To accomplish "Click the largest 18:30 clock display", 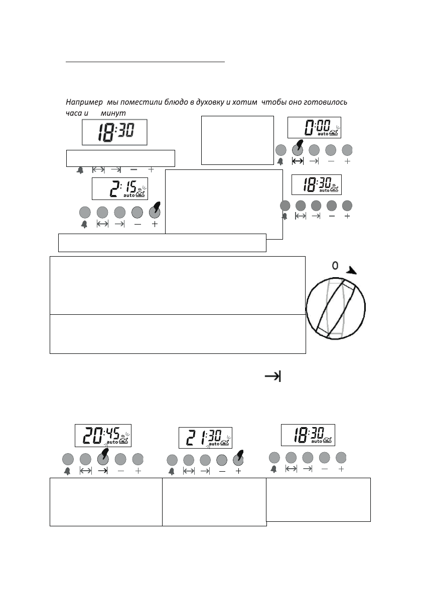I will pos(115,132).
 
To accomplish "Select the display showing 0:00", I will pos(314,127).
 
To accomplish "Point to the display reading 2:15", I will pos(120,188).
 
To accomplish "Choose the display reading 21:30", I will pos(205,438).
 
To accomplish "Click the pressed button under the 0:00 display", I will pos(298,149).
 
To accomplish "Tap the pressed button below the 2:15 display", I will pos(155,211).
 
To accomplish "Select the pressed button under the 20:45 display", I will pos(103,458).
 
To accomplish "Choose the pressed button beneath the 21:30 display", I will pos(238,459).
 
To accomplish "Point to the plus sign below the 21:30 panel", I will pos(238,471).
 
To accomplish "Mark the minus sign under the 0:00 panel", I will pos(331,161).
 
